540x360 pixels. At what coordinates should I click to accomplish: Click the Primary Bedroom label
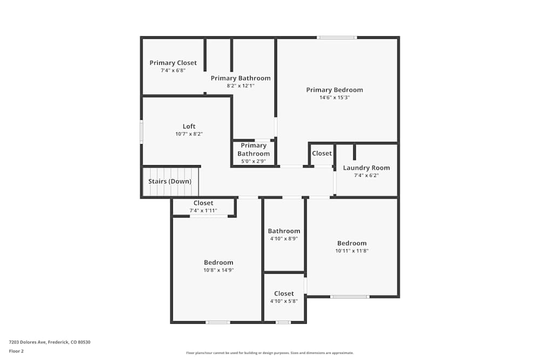334,90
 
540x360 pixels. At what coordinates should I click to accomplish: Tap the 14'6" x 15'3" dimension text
334,98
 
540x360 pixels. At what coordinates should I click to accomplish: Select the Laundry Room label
366,167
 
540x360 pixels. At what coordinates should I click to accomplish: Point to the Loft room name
189,126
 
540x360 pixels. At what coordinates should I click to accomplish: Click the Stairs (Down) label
170,181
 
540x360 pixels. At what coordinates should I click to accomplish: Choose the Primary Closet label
173,63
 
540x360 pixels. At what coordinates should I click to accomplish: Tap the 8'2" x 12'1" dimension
240,86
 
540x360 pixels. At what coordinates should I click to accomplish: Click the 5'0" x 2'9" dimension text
254,161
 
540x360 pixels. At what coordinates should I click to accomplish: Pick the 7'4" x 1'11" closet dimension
203,210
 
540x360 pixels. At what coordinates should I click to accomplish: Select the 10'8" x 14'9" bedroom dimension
218,270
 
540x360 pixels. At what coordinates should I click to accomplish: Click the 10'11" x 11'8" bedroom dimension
352,251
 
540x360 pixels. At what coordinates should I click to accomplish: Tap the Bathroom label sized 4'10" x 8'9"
283,231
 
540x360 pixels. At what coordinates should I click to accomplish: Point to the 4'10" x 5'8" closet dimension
283,301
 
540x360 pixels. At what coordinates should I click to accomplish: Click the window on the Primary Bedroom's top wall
336,37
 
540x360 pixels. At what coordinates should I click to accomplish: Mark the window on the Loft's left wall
141,131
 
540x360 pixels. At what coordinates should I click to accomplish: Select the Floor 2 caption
16,351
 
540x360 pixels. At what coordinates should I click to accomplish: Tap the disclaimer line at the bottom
269,353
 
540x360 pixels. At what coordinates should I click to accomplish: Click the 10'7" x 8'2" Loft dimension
189,134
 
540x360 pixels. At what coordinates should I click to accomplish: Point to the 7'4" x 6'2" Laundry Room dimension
366,175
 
